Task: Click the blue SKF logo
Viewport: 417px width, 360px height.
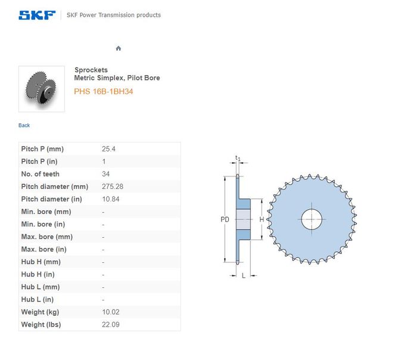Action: click(x=37, y=15)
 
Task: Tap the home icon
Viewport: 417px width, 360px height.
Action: click(x=119, y=48)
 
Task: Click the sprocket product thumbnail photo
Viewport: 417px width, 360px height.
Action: click(x=42, y=89)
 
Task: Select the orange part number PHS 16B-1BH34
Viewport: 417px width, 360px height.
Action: click(x=104, y=92)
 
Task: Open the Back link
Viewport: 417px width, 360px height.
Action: click(x=24, y=125)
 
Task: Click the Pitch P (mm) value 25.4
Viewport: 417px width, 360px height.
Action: click(x=108, y=149)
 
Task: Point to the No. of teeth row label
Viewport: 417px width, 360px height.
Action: click(x=41, y=174)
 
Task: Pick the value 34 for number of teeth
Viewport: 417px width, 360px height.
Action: click(x=105, y=174)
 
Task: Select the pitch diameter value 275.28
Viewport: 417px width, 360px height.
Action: click(x=113, y=187)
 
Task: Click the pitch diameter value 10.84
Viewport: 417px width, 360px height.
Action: click(x=111, y=199)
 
